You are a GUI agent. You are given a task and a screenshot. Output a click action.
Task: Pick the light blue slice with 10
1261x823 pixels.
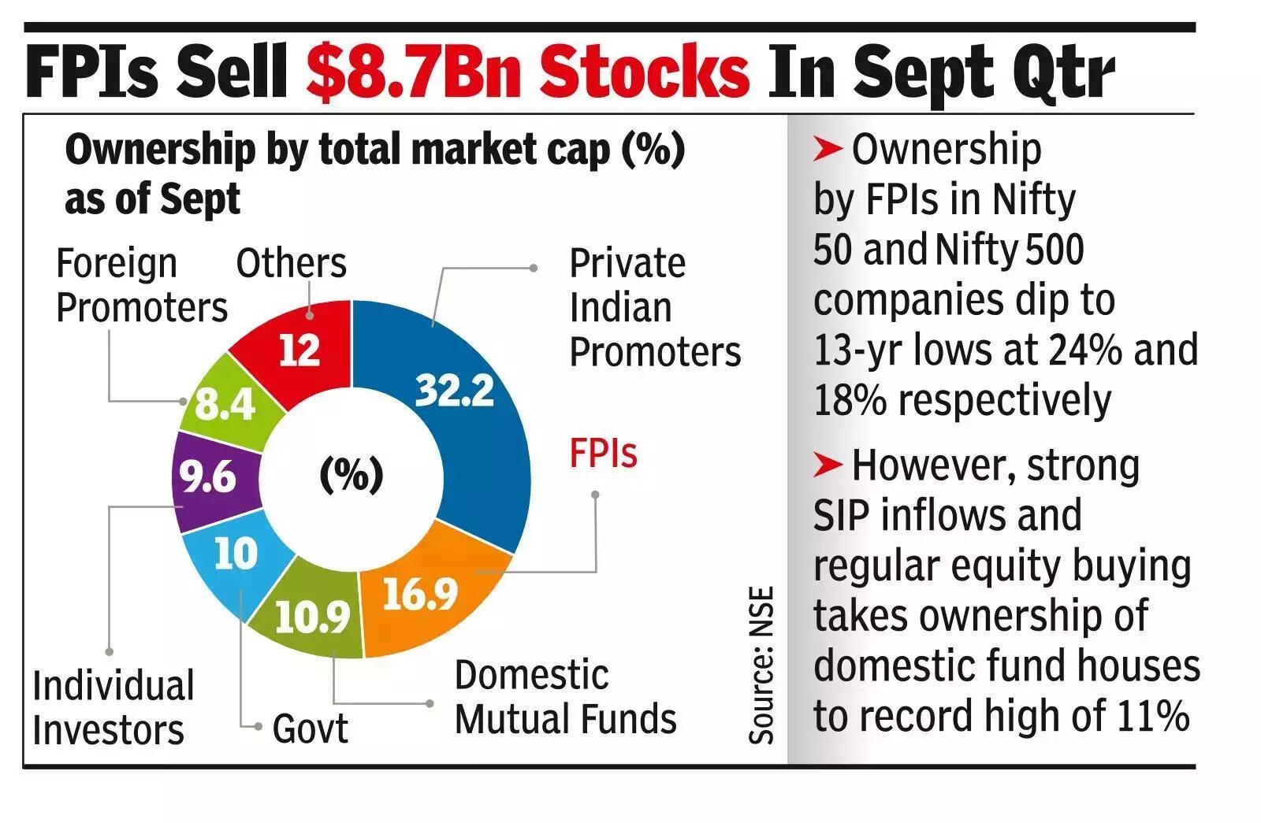[235, 553]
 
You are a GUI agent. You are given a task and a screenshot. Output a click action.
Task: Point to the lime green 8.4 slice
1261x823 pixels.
[225, 404]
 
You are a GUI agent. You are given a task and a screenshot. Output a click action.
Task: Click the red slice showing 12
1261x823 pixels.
[299, 350]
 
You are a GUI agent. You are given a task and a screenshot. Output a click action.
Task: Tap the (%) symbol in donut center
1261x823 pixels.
[352, 474]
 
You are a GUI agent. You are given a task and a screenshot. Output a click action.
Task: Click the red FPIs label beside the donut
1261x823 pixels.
[603, 454]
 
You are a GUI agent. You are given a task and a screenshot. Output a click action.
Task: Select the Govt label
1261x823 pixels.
[310, 728]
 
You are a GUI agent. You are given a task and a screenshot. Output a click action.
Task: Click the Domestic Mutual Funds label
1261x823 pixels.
[565, 697]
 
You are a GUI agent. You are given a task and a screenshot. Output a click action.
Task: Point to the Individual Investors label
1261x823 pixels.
[113, 707]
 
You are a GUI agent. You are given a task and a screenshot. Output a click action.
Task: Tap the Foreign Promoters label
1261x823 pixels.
[140, 285]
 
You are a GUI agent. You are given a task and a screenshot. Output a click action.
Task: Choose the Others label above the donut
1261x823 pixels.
[291, 263]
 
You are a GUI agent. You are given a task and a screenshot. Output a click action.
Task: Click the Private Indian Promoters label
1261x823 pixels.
[654, 307]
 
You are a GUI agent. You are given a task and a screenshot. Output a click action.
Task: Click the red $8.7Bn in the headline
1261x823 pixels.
[526, 72]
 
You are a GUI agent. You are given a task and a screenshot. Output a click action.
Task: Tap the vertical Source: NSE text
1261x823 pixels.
[761, 665]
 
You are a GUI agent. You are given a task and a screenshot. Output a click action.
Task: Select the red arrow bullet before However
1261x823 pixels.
[828, 465]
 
